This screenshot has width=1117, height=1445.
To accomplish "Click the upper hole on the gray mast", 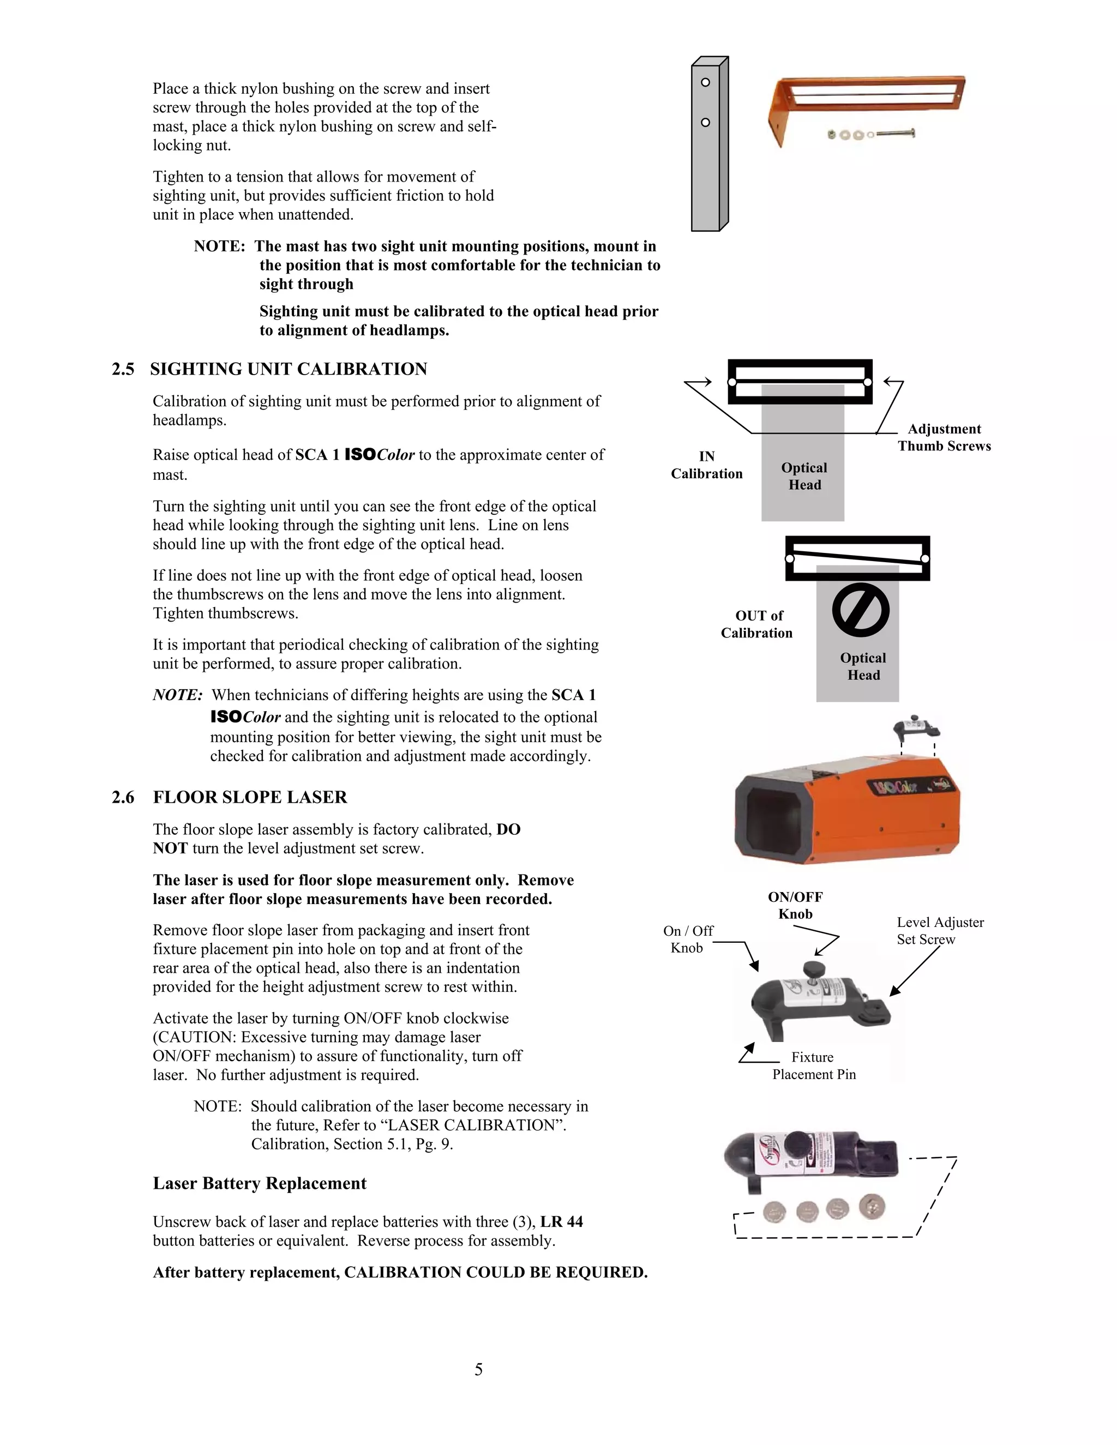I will [x=705, y=82].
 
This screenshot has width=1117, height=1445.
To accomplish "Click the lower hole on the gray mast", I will [x=705, y=122].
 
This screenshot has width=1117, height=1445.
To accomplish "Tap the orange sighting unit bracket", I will [x=867, y=99].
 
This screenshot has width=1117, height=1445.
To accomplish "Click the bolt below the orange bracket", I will [x=893, y=134].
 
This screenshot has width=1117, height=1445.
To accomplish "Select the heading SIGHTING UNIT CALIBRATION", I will [x=289, y=369].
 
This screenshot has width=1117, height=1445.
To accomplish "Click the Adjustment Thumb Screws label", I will [x=944, y=437].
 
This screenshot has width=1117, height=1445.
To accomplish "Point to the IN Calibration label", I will [x=707, y=465].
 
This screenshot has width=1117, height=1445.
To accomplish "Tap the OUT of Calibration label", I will [x=757, y=624].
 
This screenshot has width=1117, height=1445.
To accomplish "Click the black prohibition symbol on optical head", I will [x=860, y=610].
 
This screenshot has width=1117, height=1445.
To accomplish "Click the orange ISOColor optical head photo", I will [x=847, y=810].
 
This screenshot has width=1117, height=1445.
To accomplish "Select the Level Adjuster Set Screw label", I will [x=940, y=930].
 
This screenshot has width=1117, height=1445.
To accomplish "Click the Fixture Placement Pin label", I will [x=814, y=1065].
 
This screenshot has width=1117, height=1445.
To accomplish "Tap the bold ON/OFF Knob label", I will [x=795, y=905].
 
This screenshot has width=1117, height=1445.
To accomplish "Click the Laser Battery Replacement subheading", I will [x=260, y=1184].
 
